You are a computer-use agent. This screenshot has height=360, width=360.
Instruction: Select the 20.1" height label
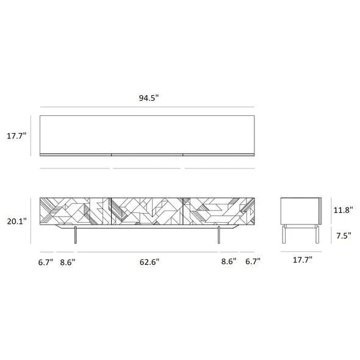[x=16, y=221]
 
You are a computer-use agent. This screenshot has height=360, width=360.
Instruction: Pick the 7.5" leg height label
[x=342, y=236]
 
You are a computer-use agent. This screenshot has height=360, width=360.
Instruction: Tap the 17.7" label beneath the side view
[x=301, y=260]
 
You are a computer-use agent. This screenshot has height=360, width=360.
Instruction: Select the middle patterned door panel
[x=146, y=211]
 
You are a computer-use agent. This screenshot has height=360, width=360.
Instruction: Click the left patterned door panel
[x=74, y=211]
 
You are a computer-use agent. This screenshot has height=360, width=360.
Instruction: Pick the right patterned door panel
[x=218, y=211]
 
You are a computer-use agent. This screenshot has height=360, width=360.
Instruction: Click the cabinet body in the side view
[x=301, y=211]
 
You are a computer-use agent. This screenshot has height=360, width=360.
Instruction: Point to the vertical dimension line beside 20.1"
[x=31, y=221]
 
